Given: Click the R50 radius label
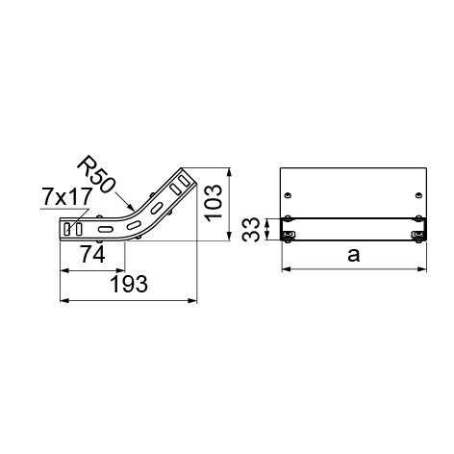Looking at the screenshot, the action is (95, 174).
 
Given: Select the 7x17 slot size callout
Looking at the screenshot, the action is (67, 196).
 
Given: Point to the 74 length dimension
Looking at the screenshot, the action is (92, 254).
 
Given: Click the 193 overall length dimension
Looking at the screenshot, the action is (129, 284).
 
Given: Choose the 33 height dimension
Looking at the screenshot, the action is (251, 230).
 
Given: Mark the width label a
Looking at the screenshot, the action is (354, 256).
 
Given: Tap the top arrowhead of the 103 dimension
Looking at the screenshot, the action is (229, 172).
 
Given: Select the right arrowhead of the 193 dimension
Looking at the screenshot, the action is (192, 300).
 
